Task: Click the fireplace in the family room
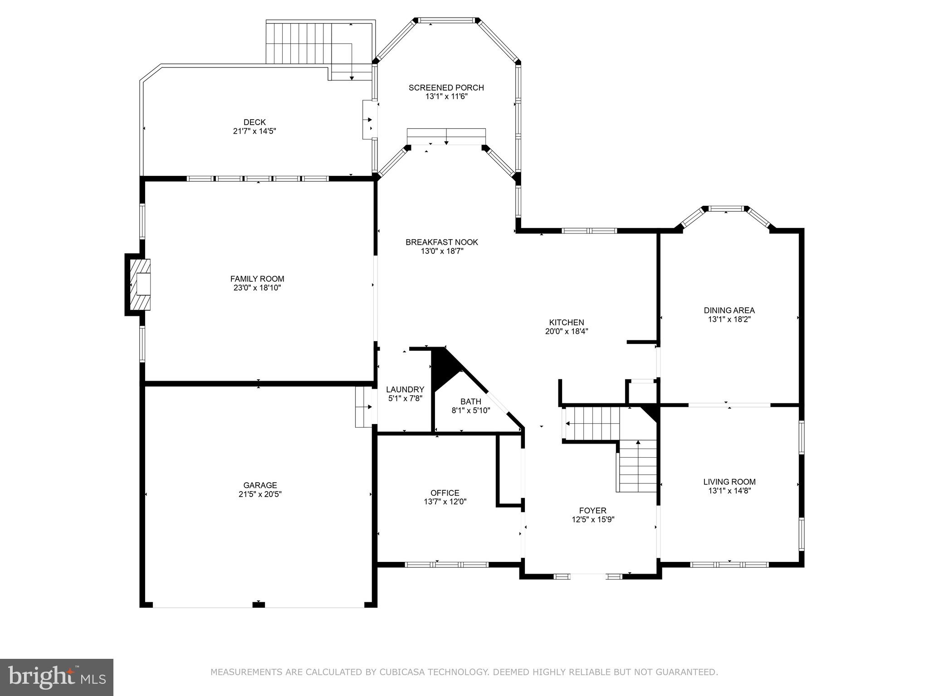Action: pos(140,284)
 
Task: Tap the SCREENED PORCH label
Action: pos(446,87)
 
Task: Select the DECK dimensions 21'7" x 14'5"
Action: pos(254,131)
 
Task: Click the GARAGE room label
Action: pos(260,485)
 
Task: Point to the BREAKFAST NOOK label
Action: pos(441,242)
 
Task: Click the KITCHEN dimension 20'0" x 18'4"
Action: pos(566,331)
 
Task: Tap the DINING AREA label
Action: pos(729,310)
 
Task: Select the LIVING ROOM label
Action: pos(729,482)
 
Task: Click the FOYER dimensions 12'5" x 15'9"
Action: pos(592,520)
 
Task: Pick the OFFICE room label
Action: pos(445,493)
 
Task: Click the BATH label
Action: pos(470,401)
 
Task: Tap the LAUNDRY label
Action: pos(405,390)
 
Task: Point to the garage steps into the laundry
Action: pos(363,406)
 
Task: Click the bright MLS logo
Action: pos(56,677)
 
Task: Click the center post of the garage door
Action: pos(258,604)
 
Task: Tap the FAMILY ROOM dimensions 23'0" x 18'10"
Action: pos(257,288)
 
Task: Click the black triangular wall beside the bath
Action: pos(443,367)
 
